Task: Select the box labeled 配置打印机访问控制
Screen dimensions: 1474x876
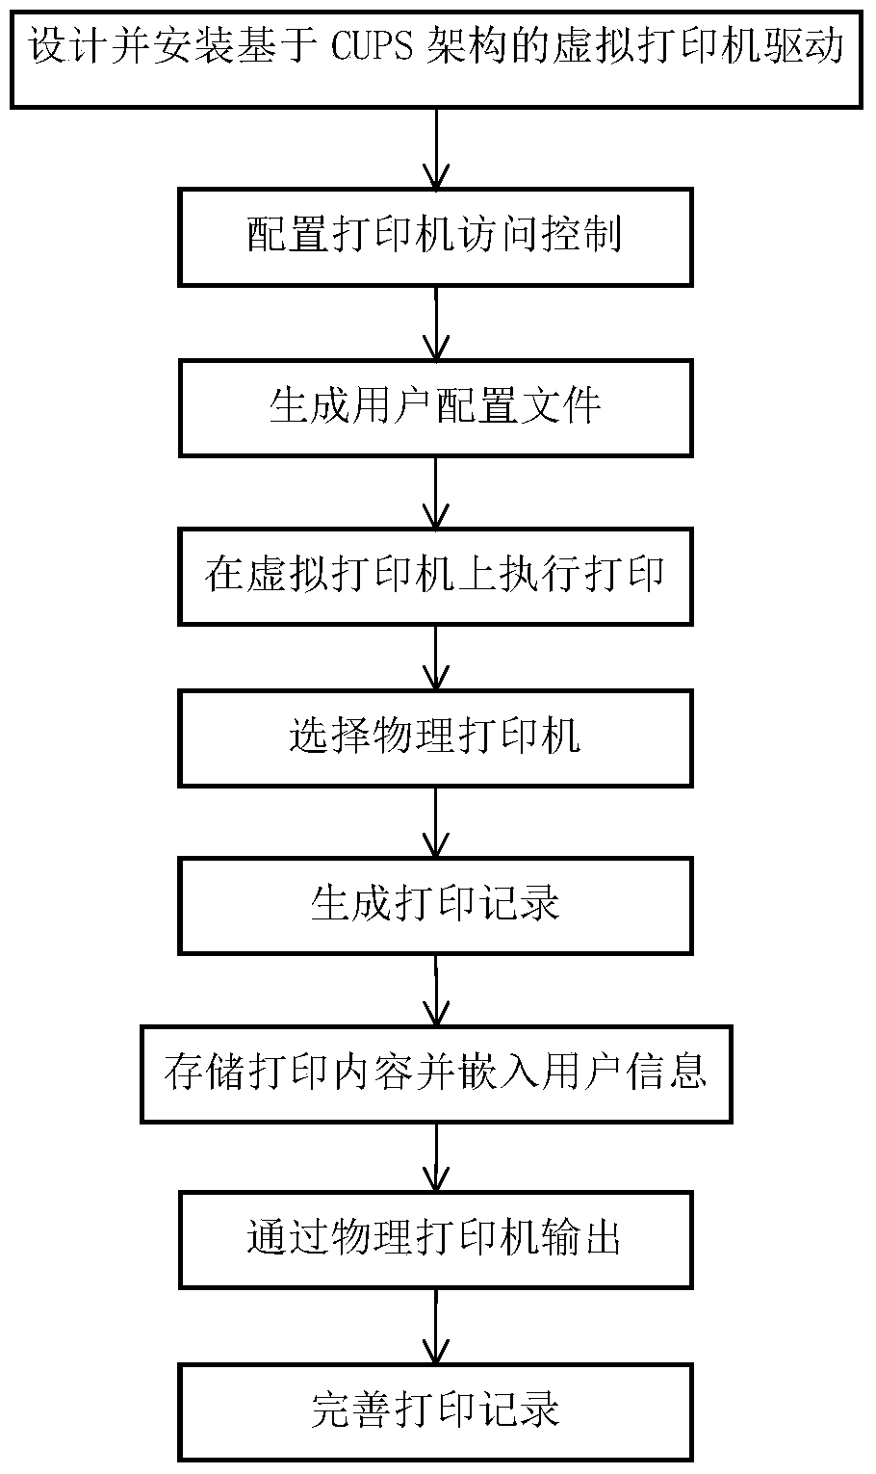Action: pos(435,236)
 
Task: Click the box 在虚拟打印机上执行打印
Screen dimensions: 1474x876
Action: pos(435,576)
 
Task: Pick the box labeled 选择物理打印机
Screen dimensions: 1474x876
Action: pos(435,738)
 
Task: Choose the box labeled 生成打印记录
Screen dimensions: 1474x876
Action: pos(435,905)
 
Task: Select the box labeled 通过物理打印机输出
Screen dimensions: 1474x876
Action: pos(435,1238)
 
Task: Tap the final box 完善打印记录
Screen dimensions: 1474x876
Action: pos(435,1410)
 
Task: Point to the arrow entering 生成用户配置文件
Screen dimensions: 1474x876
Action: pos(436,323)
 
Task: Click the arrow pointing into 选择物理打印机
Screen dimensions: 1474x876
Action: pos(436,659)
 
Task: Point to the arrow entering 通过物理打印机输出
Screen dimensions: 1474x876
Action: pos(436,1157)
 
